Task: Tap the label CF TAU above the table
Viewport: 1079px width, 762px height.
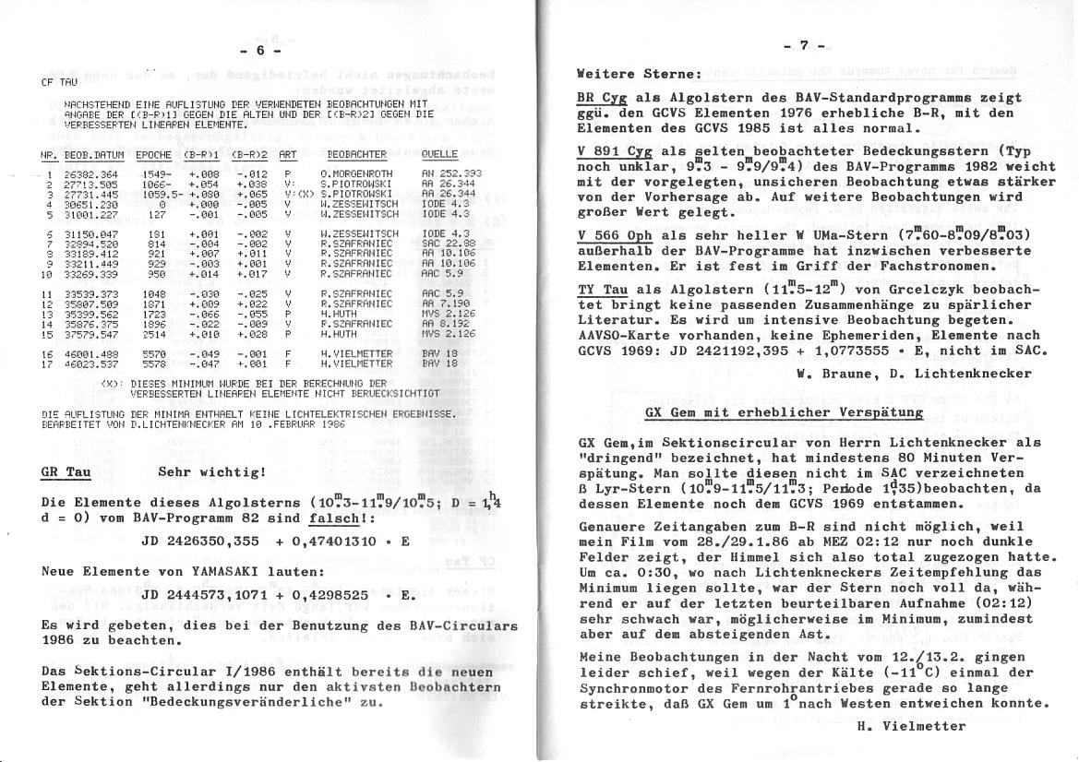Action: (54, 82)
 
